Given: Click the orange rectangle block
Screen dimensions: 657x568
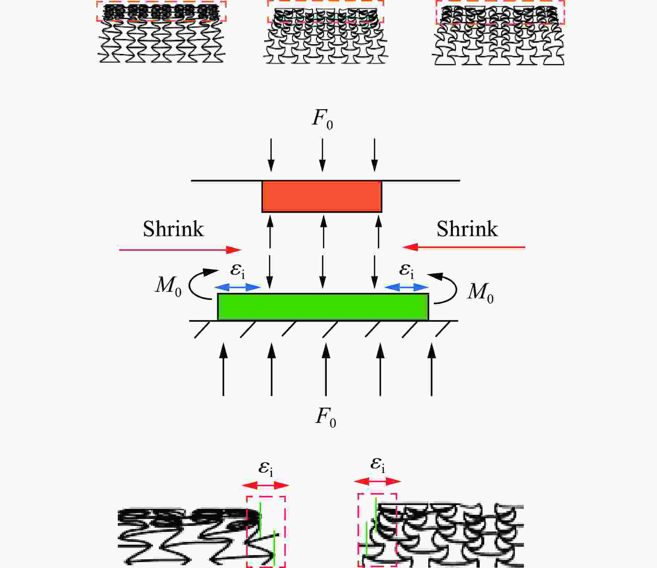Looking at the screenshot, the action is (x=322, y=197).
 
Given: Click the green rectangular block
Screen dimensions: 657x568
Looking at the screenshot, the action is (x=323, y=307).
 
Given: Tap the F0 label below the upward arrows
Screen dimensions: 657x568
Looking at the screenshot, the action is (x=325, y=418).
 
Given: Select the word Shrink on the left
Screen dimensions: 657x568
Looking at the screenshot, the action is (x=173, y=229).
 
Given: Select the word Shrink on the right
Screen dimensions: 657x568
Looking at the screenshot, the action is (x=467, y=229).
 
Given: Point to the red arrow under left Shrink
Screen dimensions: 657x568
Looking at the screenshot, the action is (x=180, y=250).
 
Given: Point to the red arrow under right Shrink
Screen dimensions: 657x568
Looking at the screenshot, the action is (x=463, y=247).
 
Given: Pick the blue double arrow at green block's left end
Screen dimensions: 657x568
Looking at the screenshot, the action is (x=237, y=287).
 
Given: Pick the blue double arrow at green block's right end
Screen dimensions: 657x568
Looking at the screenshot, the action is (x=406, y=287).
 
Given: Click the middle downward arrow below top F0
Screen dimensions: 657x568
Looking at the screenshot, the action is (x=323, y=155).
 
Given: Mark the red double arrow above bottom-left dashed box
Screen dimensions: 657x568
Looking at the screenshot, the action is (x=266, y=485).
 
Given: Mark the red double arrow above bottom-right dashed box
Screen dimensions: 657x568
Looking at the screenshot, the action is (x=378, y=481).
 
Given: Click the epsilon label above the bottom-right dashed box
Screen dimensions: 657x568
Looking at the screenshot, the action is (x=378, y=465).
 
